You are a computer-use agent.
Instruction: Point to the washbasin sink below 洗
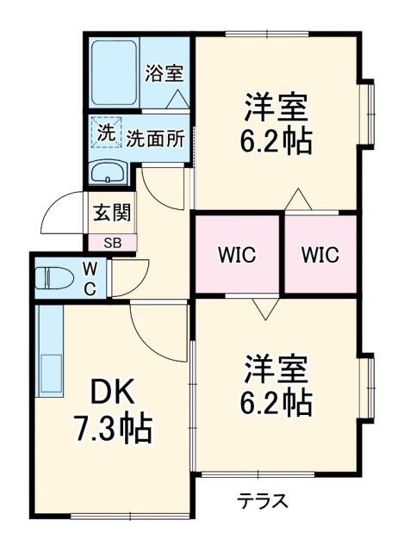(x=109, y=171)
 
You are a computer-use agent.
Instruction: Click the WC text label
(x=90, y=277)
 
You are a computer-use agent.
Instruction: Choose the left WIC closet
(x=236, y=256)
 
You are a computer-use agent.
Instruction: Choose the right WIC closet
(x=320, y=256)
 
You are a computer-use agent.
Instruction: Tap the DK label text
(x=113, y=393)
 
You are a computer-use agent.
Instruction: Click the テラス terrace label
(x=263, y=502)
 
